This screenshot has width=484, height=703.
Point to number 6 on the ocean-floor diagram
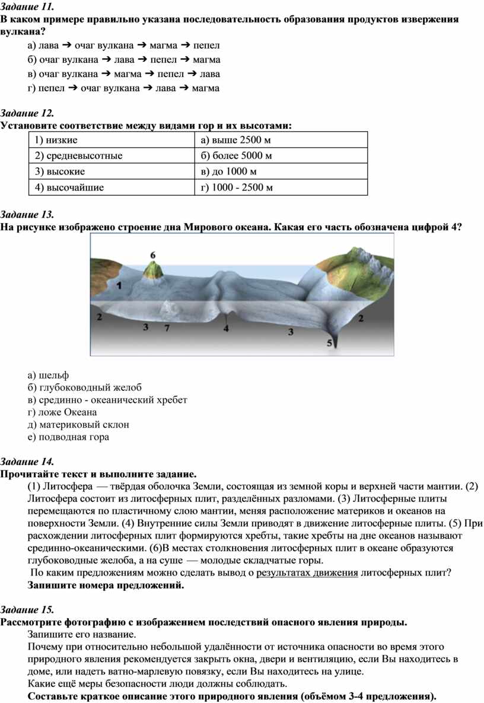pyautogui.click(x=153, y=255)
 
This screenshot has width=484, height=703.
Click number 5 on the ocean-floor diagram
pyautogui.click(x=330, y=342)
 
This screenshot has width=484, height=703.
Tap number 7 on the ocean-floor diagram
pyautogui.click(x=167, y=327)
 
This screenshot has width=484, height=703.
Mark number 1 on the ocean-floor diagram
pyautogui.click(x=119, y=285)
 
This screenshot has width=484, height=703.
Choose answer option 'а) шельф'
pyautogui.click(x=48, y=375)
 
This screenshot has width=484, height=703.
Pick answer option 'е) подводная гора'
pyautogui.click(x=68, y=437)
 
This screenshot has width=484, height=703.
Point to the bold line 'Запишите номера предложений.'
pyautogui.click(x=106, y=585)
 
